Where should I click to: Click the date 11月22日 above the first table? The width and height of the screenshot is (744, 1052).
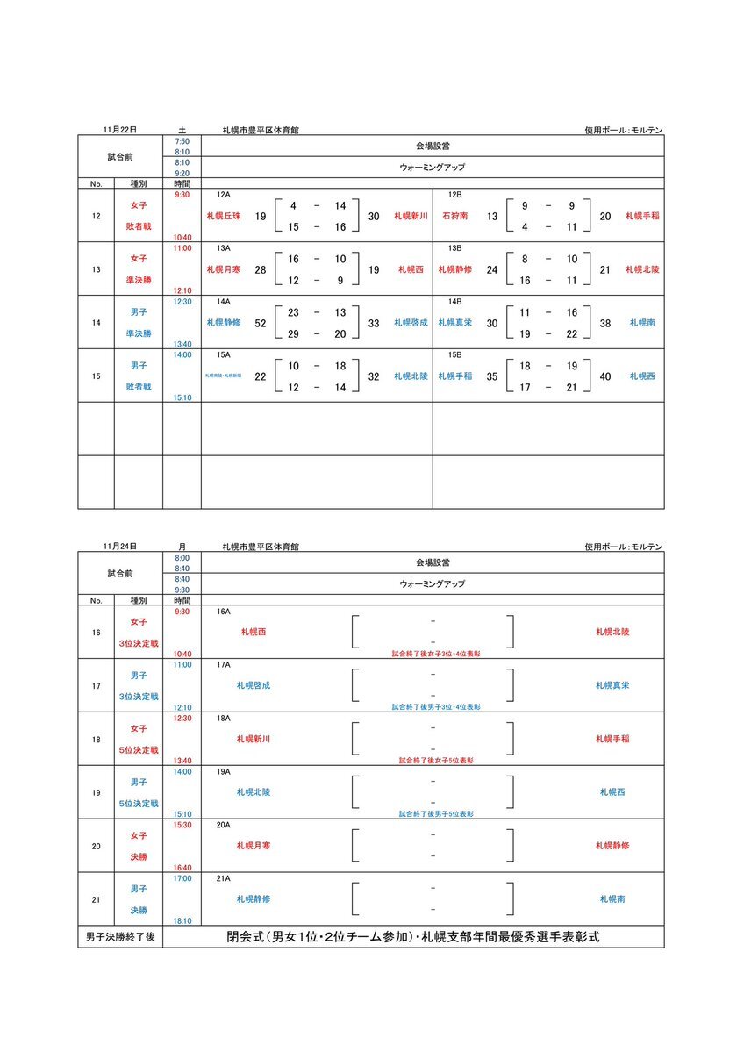119,130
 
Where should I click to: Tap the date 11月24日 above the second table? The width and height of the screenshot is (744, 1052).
119,547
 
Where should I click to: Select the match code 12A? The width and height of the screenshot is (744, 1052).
223,195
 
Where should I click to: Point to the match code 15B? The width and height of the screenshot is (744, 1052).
454,354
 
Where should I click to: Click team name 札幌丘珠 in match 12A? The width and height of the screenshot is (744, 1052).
223,217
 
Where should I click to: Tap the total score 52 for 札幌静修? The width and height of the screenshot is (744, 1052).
261,324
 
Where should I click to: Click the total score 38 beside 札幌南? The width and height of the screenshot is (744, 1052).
604,324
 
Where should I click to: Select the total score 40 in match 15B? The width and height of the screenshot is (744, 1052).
604,376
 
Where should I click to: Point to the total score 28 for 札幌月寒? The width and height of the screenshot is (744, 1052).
261,270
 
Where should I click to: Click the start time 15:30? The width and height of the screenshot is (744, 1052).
182,825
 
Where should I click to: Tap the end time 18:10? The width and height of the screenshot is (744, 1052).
182,920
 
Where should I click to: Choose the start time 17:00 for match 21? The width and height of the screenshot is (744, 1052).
182,877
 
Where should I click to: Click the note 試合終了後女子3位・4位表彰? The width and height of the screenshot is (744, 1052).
436,654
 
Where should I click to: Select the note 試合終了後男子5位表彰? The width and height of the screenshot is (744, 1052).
436,813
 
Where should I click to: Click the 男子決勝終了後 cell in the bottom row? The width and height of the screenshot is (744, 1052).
120,938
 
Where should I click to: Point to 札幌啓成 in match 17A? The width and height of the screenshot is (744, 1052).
254,685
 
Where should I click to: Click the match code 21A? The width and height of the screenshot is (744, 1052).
223,878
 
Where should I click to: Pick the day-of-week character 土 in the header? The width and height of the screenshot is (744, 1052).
182,130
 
